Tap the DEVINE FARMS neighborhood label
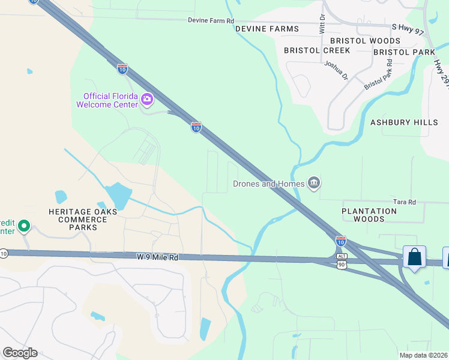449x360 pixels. coord(267,29)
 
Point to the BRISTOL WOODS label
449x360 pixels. coord(365,41)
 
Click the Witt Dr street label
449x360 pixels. coord(322,25)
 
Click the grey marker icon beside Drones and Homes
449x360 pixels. coord(313,182)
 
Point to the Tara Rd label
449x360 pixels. coord(403,202)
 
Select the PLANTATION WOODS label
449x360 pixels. coord(369,215)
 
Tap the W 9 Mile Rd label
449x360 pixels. coord(157,257)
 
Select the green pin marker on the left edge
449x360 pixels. coord(23,226)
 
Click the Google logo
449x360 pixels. coord(19,353)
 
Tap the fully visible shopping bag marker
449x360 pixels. coord(414,258)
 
